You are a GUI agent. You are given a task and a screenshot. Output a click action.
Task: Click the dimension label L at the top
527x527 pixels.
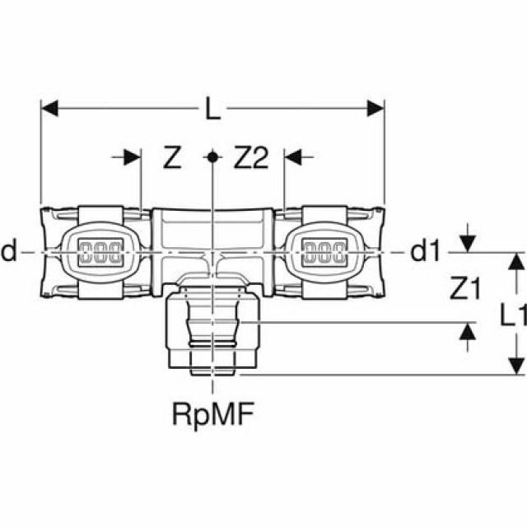(x=212, y=108)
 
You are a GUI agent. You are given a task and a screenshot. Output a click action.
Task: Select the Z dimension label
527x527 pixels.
(x=172, y=157)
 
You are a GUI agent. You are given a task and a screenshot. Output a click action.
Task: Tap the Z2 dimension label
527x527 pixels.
(x=251, y=157)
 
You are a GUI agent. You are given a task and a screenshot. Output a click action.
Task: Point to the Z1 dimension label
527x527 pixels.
(x=465, y=288)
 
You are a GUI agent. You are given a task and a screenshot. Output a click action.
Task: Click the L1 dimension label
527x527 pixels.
(x=512, y=315)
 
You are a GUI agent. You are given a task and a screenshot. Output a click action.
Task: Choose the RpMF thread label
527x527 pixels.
(x=212, y=415)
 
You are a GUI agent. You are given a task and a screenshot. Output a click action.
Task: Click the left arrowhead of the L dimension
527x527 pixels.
(x=49, y=108)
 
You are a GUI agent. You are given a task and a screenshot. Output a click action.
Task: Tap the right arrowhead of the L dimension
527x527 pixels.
(x=375, y=108)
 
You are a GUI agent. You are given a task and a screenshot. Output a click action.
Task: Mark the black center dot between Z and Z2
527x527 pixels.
(x=212, y=156)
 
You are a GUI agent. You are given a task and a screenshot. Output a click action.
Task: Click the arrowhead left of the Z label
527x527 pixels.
(x=132, y=157)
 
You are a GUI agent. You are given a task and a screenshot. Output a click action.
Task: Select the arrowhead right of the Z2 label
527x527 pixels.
(x=293, y=157)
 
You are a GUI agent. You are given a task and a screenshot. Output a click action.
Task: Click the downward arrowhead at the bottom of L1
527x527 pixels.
(x=516, y=366)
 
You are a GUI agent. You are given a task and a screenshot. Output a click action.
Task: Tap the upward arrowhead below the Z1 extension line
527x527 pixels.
(x=468, y=331)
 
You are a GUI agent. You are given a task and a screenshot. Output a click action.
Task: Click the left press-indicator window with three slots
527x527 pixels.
(x=100, y=253)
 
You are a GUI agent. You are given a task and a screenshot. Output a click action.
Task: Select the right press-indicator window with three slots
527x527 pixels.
(x=324, y=253)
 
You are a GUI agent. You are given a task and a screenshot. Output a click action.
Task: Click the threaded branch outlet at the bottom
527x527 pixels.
(x=212, y=331)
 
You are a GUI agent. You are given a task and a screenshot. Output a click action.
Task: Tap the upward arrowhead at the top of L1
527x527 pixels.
(x=516, y=261)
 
